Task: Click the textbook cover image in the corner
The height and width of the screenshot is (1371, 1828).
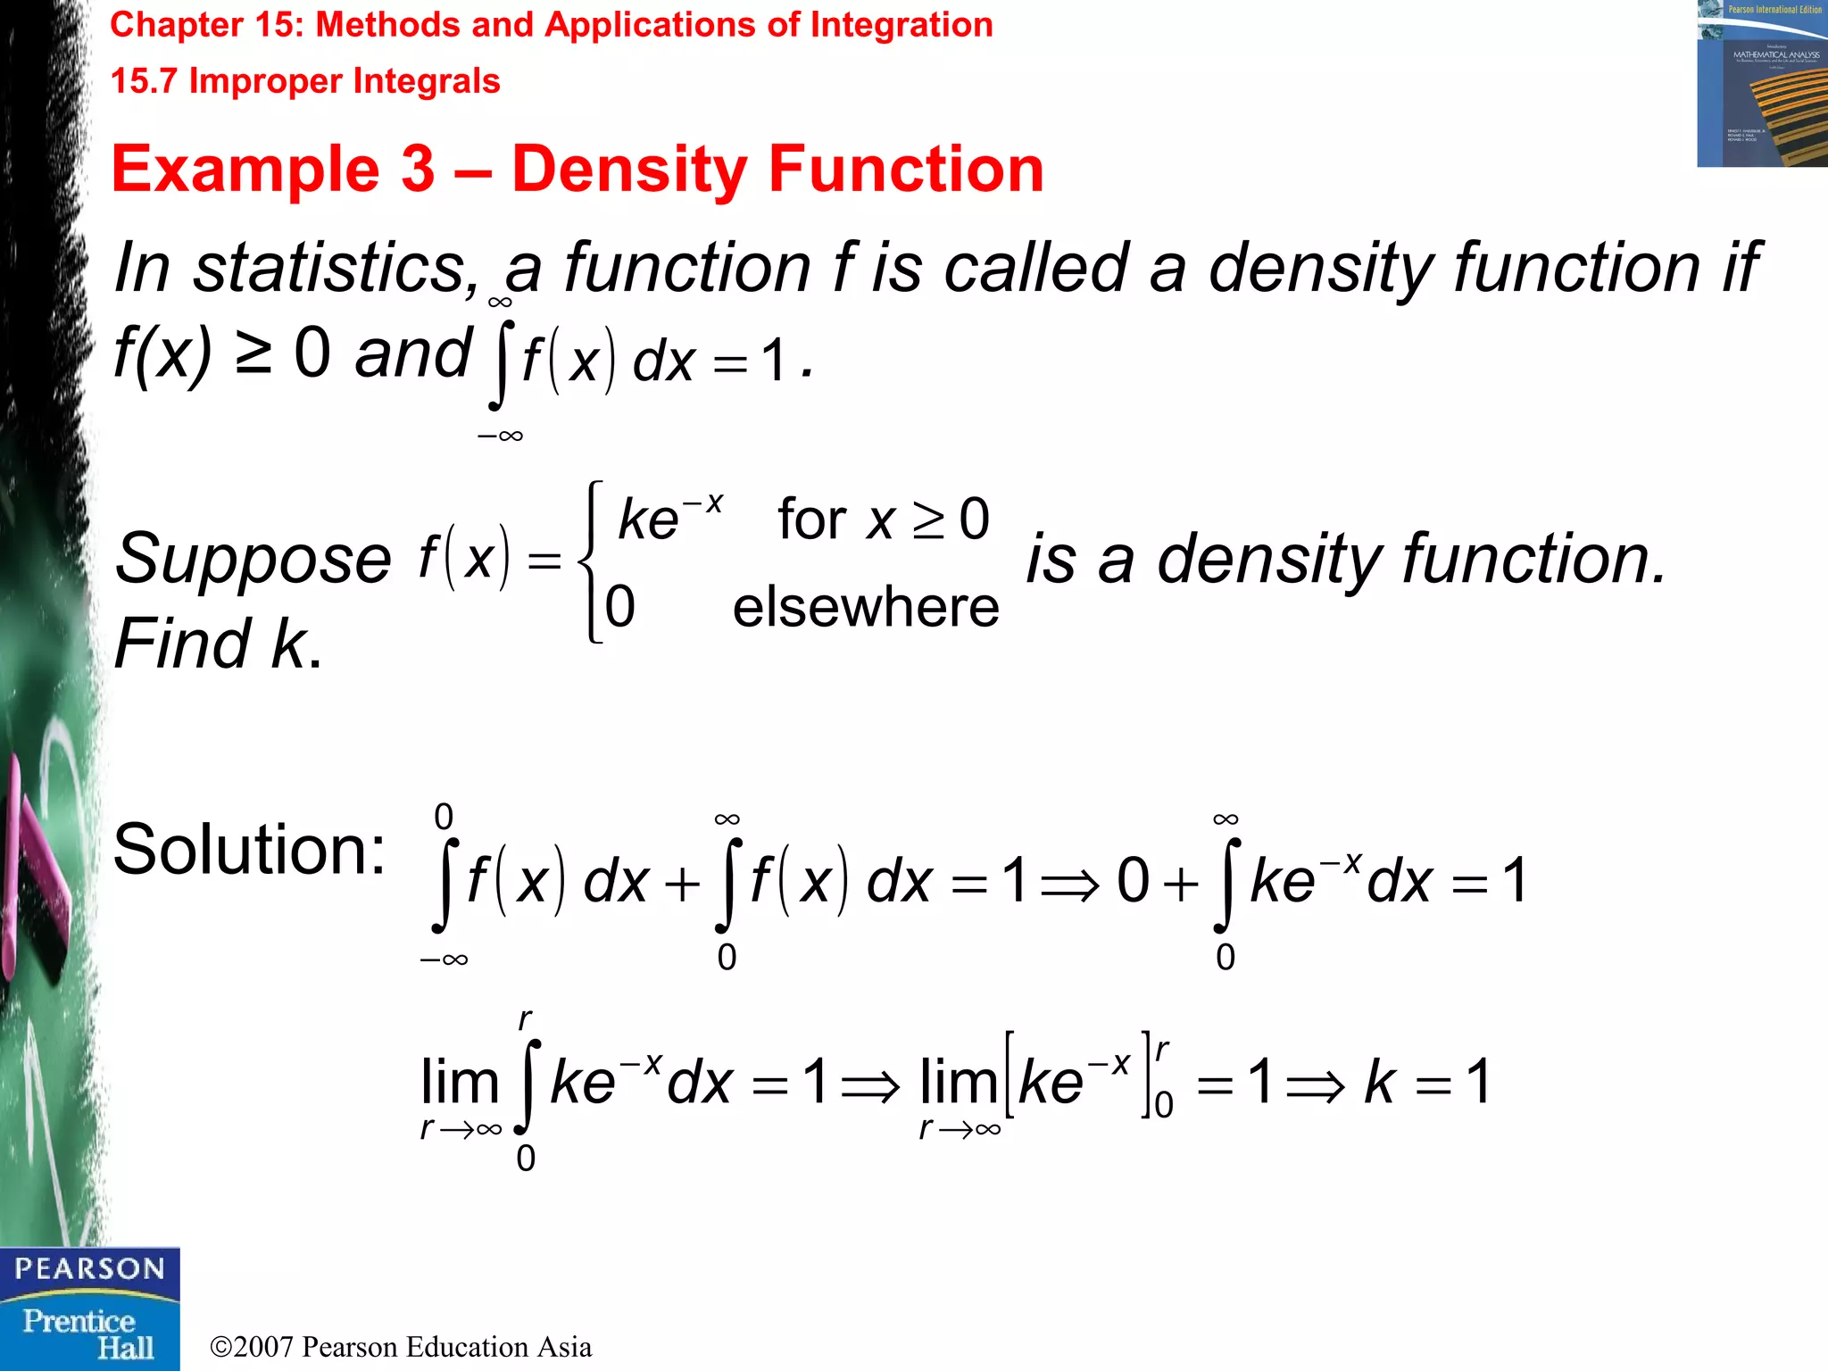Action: click(1761, 84)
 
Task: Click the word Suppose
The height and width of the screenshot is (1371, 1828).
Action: click(253, 559)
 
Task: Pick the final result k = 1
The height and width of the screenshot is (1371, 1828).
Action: click(1426, 1082)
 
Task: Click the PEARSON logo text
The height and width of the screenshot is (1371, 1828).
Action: click(89, 1268)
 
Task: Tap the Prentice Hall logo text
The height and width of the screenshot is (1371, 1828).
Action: click(89, 1334)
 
